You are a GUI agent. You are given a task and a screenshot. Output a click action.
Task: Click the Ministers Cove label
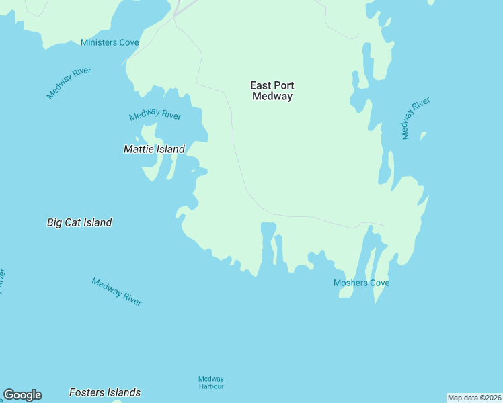click(x=110, y=42)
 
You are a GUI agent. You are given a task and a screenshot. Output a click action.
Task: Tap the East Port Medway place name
click(x=272, y=91)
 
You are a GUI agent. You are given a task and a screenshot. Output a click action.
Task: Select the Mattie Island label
click(x=154, y=149)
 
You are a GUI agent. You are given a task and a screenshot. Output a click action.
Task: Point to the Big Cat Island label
click(x=79, y=222)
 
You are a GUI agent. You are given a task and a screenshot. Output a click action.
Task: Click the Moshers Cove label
click(x=361, y=283)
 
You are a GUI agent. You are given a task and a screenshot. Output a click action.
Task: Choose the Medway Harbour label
click(x=210, y=382)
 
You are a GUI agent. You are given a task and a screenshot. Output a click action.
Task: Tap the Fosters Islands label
click(x=105, y=392)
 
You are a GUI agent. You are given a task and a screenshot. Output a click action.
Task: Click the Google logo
click(x=22, y=395)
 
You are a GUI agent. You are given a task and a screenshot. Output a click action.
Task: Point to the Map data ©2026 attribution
click(x=474, y=398)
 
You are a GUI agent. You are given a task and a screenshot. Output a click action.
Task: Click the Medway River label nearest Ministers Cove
click(x=69, y=83)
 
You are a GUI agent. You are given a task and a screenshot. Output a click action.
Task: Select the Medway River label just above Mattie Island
click(x=155, y=116)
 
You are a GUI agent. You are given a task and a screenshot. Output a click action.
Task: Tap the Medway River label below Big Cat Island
click(x=117, y=292)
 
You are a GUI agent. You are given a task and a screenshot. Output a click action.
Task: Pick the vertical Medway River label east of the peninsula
click(x=415, y=119)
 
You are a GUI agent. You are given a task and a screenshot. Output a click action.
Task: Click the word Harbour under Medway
click(x=210, y=386)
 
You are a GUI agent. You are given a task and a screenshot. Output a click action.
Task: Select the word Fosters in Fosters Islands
click(x=87, y=392)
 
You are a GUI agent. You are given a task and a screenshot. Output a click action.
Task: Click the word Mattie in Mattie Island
click(x=139, y=149)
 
